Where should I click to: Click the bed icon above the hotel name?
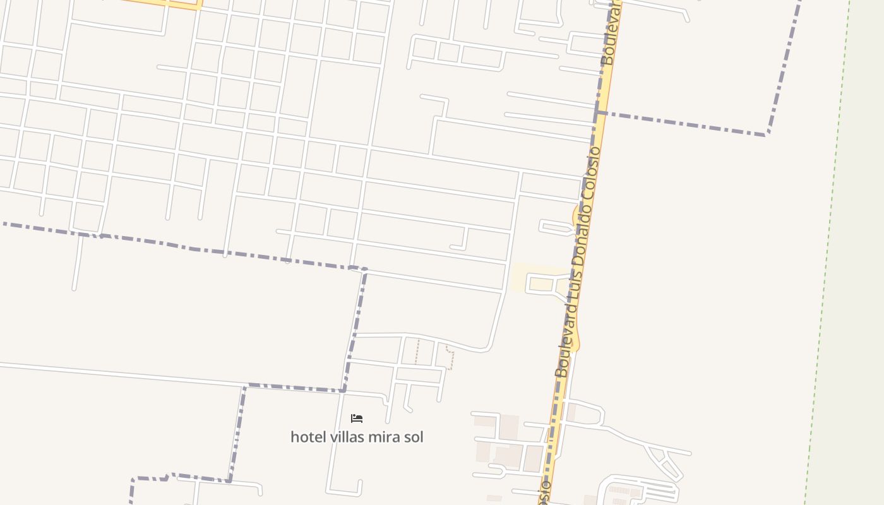point(357,418)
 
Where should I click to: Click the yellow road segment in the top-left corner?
point(164,4)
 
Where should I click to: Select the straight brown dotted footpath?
point(417,351)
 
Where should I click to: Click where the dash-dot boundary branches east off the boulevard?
point(597,112)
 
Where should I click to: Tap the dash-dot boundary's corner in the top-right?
point(767,134)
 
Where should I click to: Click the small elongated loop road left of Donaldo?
point(555,227)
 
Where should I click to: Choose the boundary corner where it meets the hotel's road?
point(343,391)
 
